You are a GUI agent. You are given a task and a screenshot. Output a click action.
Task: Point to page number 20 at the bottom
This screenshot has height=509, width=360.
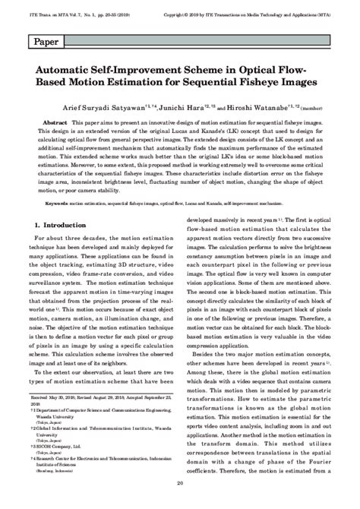tap(179, 503)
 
